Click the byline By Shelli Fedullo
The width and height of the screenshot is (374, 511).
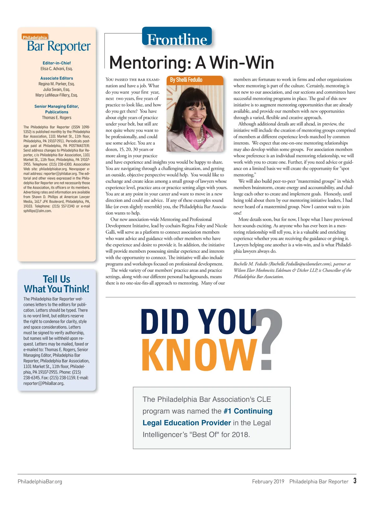coord(186,80)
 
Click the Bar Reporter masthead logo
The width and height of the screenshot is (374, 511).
coord(59,46)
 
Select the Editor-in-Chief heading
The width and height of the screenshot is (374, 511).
coord(57,63)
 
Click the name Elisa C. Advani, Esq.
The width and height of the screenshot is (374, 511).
coord(57,69)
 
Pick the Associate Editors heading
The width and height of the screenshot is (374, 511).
coord(57,78)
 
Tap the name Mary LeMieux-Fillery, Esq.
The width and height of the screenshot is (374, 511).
coord(57,95)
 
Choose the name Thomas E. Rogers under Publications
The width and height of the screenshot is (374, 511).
coord(57,118)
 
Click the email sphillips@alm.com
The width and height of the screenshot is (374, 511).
coord(37,211)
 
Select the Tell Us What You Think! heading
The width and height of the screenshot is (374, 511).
coord(57,284)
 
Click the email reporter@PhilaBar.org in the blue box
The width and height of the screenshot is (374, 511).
coord(44,383)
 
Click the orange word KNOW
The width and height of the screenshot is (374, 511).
coord(199,355)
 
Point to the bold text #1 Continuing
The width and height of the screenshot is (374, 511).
coord(248,411)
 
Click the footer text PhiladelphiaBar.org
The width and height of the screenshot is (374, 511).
coord(40,481)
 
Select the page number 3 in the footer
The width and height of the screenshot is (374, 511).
coord(355,481)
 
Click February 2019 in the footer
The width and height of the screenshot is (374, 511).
coord(268,481)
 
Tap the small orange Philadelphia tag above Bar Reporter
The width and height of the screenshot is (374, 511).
coord(35,37)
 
